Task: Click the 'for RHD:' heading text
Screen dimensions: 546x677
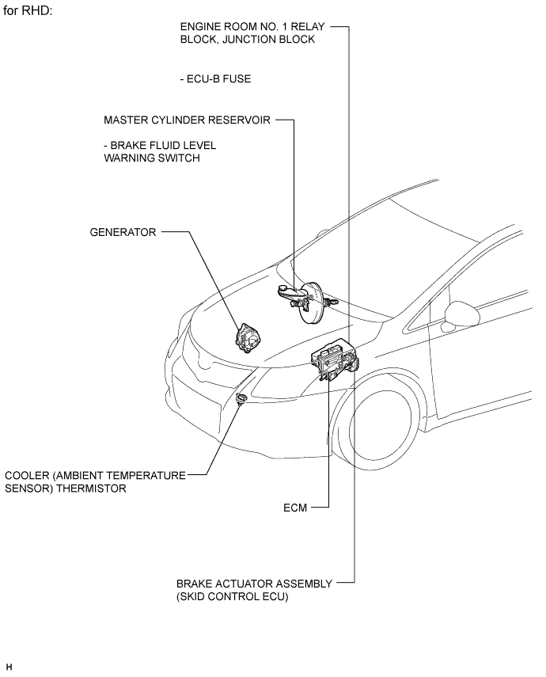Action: [28, 11]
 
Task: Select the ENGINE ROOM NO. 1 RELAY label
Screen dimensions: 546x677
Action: [252, 27]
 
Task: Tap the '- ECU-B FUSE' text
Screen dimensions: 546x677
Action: [215, 79]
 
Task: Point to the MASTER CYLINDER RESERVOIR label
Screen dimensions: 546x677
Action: [187, 120]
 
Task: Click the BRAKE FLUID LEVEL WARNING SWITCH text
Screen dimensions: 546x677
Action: [160, 151]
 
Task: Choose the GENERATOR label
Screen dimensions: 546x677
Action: [123, 232]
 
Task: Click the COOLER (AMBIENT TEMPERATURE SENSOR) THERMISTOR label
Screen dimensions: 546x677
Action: [95, 482]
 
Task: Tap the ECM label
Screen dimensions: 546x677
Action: [295, 508]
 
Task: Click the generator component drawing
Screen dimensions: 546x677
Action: [248, 338]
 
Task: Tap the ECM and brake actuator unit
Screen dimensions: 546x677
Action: [335, 359]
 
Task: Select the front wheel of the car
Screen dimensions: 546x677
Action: [380, 428]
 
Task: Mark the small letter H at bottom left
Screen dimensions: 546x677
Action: [9, 667]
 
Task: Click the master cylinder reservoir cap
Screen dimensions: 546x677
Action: [283, 288]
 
